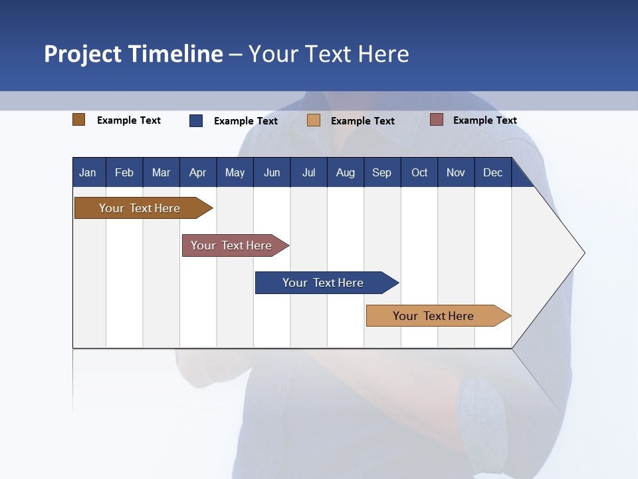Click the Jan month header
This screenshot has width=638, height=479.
coord(88,172)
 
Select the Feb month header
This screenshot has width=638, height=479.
coord(124,172)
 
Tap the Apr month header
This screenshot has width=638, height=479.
coord(197,172)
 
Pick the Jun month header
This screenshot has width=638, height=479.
coord(272,172)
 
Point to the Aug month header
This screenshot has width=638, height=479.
coord(345,172)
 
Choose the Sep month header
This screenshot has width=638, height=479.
coord(381,172)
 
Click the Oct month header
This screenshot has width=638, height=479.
coord(419,172)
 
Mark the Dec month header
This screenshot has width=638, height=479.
coord(492,172)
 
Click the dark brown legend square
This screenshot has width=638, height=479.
coord(79,120)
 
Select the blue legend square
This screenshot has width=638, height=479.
coord(196,120)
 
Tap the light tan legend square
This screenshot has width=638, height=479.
coord(314,120)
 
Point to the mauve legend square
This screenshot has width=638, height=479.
coord(437,120)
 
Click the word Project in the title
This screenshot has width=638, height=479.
coord(83,54)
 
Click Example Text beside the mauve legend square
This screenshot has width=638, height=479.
coord(484,120)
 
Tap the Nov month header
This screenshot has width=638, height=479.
coord(456,172)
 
